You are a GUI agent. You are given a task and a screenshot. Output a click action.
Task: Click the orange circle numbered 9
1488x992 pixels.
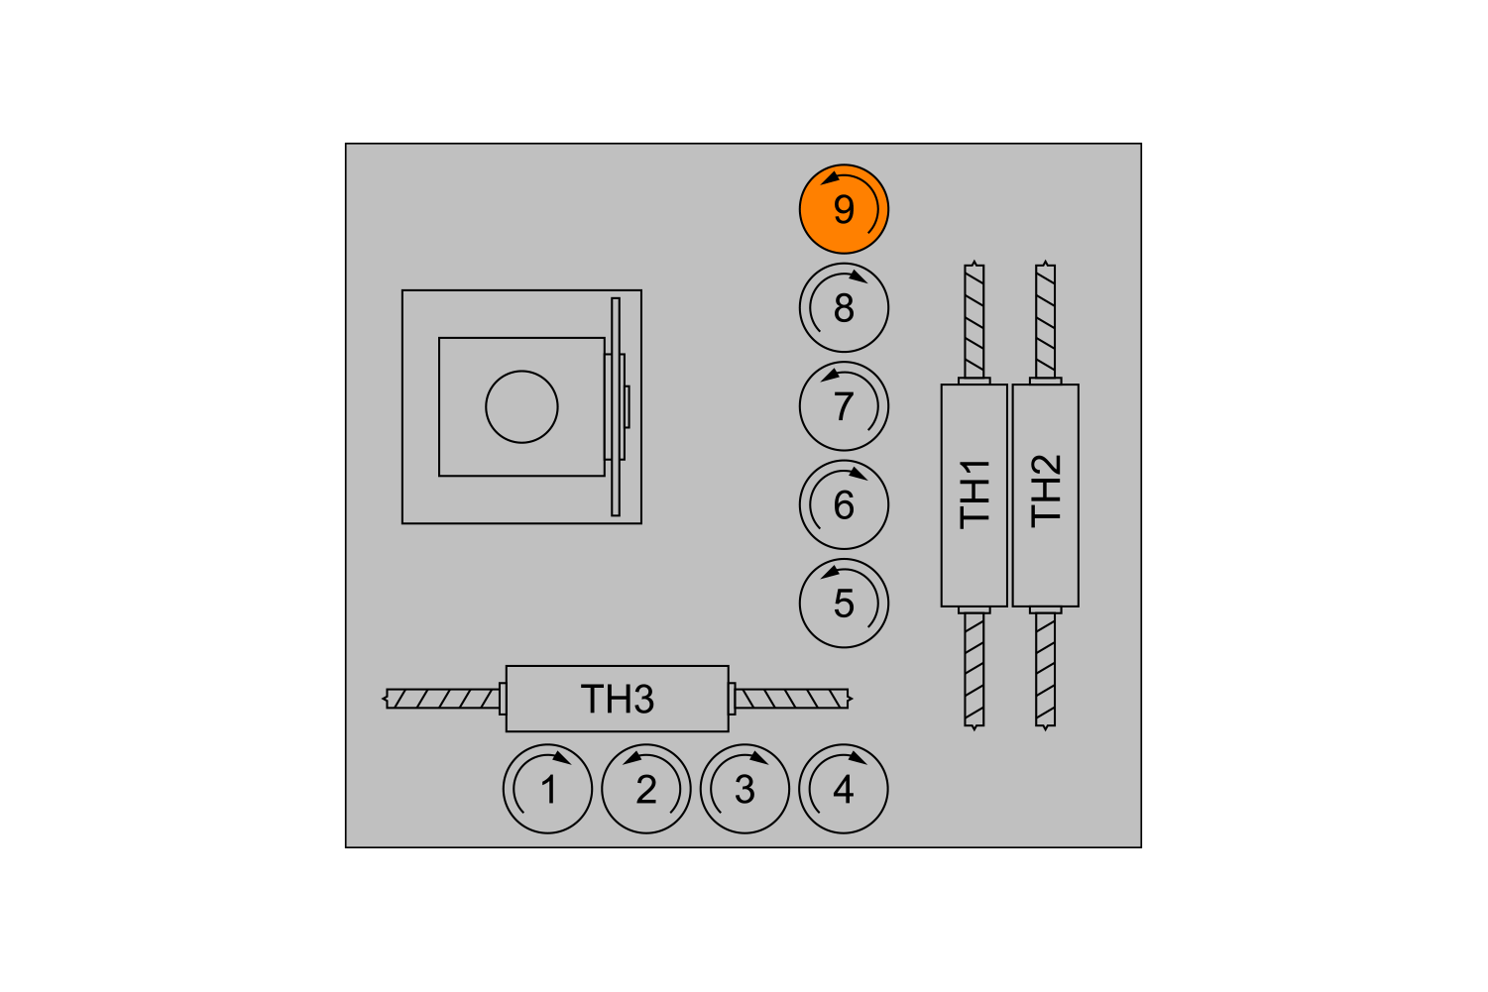click(x=844, y=209)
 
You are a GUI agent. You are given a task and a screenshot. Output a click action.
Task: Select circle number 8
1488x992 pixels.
click(x=844, y=307)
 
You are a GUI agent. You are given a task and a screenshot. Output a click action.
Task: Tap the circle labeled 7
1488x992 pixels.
click(x=844, y=406)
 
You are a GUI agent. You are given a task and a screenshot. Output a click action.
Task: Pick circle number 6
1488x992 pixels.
click(x=844, y=504)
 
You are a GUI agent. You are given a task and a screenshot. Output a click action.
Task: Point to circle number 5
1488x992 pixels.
click(x=844, y=604)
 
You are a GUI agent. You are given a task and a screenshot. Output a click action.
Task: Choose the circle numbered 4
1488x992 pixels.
click(x=843, y=789)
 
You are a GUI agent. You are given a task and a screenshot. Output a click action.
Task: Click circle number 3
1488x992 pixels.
click(x=744, y=789)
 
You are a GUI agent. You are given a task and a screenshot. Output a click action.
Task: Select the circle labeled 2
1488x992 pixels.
click(x=646, y=789)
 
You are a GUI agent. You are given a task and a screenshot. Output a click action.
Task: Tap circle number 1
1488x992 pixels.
click(x=547, y=789)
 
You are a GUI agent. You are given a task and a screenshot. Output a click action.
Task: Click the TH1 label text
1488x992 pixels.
click(x=974, y=495)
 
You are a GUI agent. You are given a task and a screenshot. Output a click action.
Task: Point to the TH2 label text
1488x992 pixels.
click(x=1046, y=492)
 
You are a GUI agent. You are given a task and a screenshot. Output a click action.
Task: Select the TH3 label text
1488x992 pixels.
click(x=618, y=700)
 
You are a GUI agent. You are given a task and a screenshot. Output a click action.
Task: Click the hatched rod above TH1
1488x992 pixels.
click(x=974, y=320)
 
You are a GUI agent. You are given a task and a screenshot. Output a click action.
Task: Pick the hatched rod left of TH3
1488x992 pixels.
click(x=442, y=700)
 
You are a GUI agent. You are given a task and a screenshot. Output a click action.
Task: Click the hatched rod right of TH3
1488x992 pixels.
click(x=793, y=700)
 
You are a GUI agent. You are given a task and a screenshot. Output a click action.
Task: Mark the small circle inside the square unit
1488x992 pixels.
click(x=521, y=406)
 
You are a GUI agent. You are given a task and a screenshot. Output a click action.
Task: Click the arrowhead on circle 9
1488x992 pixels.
click(x=831, y=178)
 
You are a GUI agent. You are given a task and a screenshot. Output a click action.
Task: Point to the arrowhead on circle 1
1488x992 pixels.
click(x=562, y=757)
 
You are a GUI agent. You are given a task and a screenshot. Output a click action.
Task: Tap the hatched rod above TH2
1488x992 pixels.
click(x=1046, y=320)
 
